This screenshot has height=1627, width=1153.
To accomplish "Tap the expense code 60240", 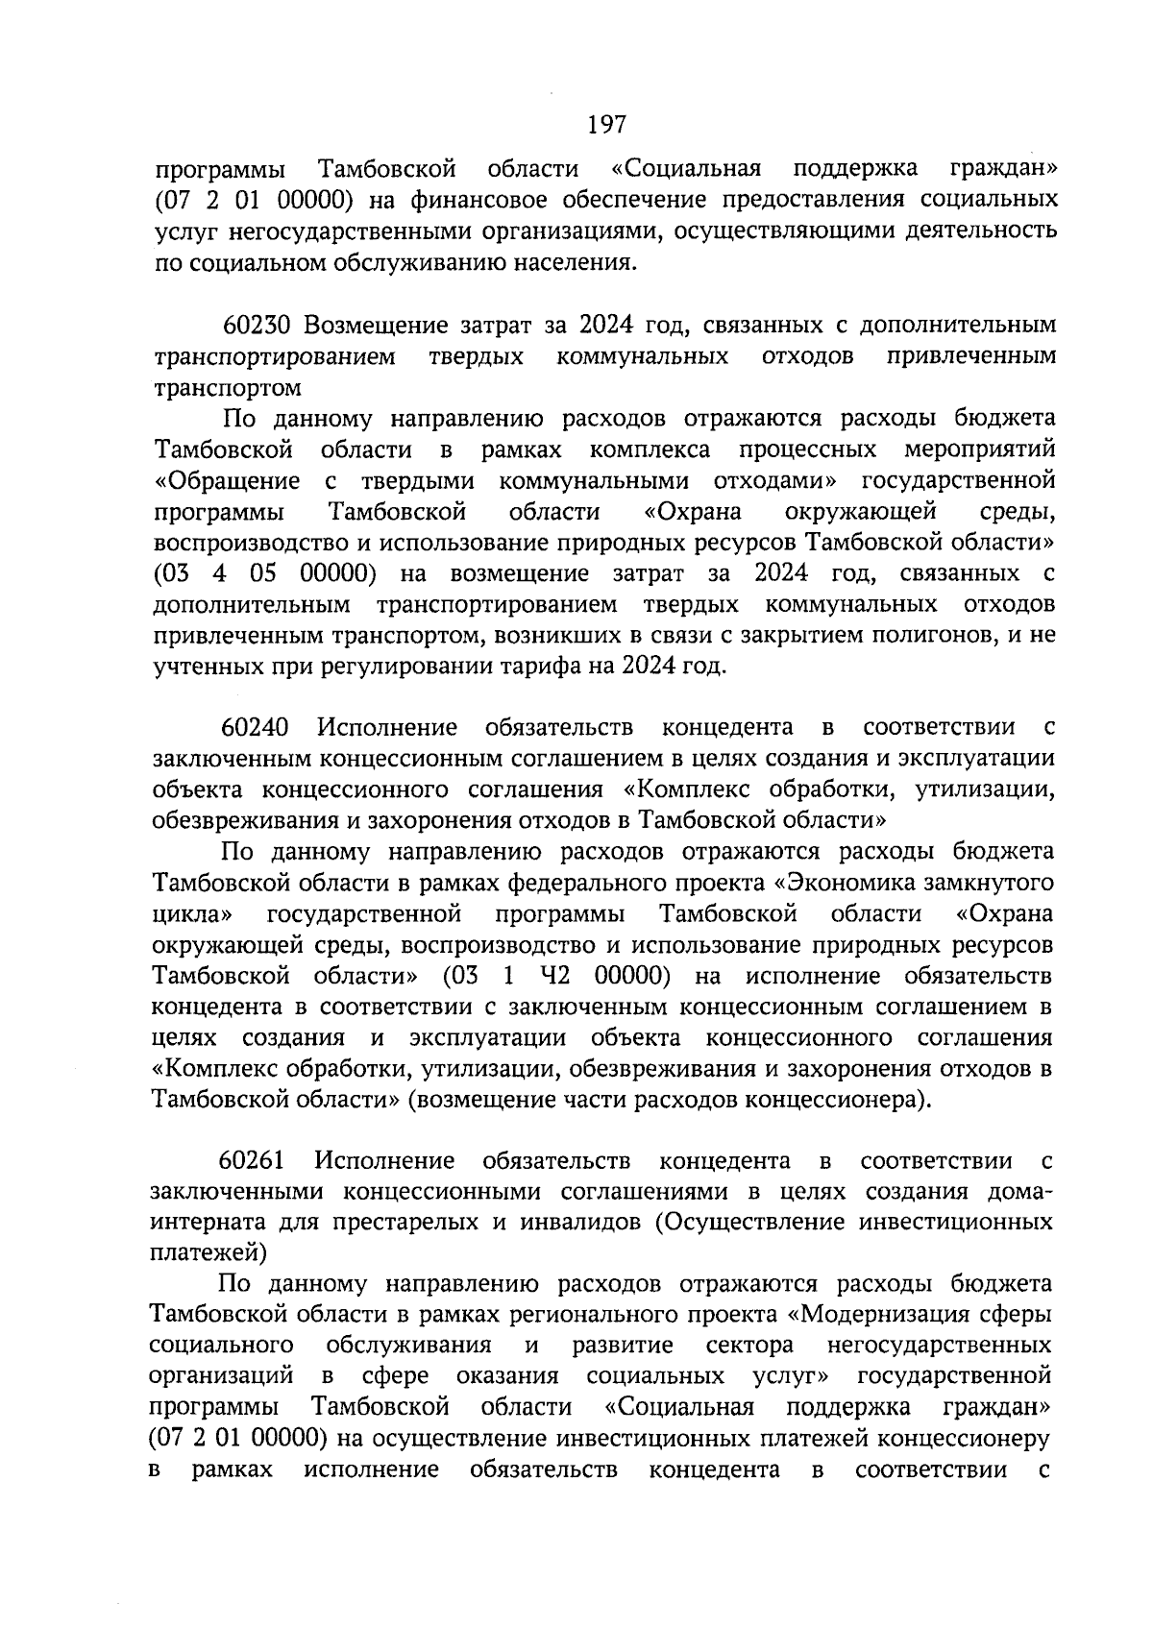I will tap(254, 727).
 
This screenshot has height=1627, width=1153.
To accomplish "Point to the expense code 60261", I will tap(252, 1161).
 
